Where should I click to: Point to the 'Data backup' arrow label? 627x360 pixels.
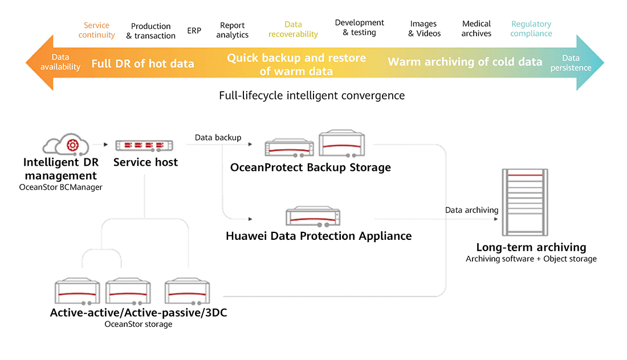point(218,137)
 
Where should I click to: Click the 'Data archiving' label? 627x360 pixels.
point(471,210)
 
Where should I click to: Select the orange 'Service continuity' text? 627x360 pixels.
point(96,30)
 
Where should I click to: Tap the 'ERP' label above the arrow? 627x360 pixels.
point(194,30)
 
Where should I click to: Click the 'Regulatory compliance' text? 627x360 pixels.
point(531,28)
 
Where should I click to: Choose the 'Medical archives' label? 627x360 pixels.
point(476,28)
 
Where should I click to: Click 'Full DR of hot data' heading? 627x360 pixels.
point(142,64)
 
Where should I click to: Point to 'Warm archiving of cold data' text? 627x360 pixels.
point(465,62)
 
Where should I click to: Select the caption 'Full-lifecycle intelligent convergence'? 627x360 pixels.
point(312,96)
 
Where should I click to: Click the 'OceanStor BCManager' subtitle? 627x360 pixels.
point(60,187)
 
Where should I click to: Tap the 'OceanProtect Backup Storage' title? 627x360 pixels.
point(310,167)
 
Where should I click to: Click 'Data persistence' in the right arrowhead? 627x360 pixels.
point(571,63)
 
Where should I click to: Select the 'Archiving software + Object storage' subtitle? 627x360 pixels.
point(531,259)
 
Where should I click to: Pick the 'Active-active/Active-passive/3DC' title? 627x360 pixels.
point(139,313)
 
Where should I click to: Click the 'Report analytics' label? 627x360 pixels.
point(232,30)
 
